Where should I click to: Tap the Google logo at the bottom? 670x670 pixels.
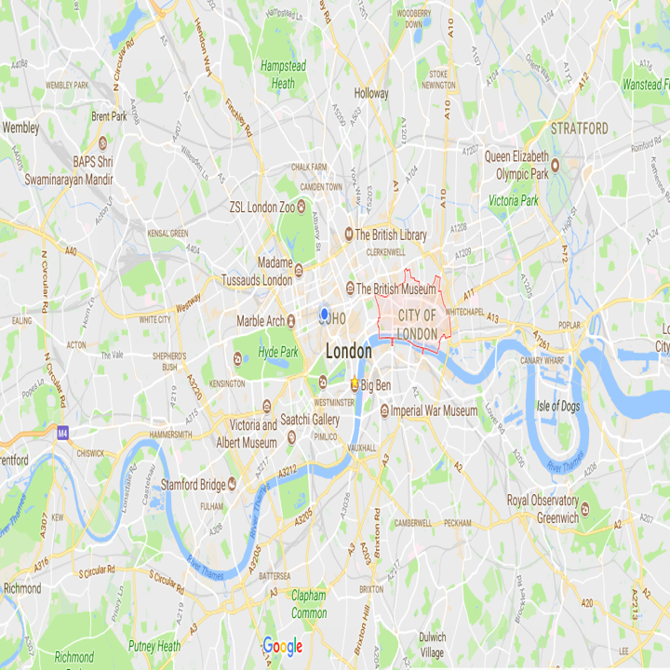[282, 646]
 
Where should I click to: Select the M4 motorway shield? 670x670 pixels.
[62, 433]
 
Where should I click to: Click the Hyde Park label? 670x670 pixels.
[277, 353]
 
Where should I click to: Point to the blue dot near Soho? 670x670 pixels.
[324, 315]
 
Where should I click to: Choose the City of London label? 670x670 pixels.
[417, 325]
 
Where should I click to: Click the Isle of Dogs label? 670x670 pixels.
[558, 406]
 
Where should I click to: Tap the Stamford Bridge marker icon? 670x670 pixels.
[232, 483]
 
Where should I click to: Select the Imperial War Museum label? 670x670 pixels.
[434, 410]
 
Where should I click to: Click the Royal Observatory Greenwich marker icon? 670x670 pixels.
[584, 507]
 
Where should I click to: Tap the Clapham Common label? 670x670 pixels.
[308, 604]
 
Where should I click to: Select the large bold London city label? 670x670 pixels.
[348, 352]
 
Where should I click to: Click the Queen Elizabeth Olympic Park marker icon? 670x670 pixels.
[555, 166]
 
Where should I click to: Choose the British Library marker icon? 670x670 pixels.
[349, 234]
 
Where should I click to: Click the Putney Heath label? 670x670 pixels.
[154, 646]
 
